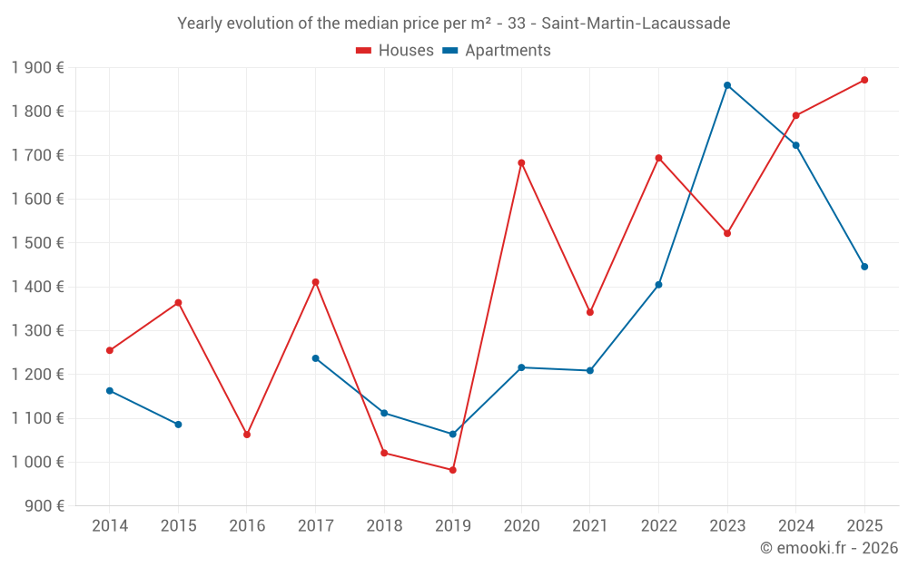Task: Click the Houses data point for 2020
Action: pos(521,163)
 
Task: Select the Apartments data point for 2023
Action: pos(727,85)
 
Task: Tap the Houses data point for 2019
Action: pos(452,470)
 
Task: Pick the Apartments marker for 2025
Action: pos(864,267)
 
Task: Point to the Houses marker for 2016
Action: pos(247,435)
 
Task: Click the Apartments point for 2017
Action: pos(315,358)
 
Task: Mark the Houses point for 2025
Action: pos(864,80)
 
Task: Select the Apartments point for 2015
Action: pos(178,425)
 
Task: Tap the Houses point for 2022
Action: pos(658,158)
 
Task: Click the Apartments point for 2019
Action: pos(452,435)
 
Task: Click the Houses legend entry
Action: pos(395,51)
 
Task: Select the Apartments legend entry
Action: pos(497,51)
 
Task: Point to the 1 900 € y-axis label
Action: pos(38,68)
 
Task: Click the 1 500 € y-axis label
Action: pos(38,243)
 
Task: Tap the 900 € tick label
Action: pos(44,506)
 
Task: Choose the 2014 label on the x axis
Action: pos(110,526)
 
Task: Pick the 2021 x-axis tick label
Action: pos(590,526)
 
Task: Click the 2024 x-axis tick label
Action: pos(796,526)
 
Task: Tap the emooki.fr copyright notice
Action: pos(828,548)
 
